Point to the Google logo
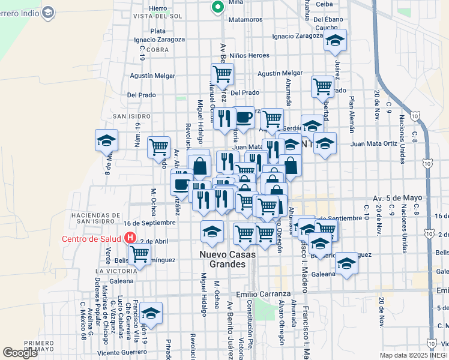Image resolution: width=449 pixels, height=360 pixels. (x=20, y=353)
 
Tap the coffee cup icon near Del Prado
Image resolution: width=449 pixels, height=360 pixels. (x=244, y=116)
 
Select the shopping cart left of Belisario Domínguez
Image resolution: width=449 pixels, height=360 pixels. (x=140, y=254)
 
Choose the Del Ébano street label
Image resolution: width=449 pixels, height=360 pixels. (x=328, y=19)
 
